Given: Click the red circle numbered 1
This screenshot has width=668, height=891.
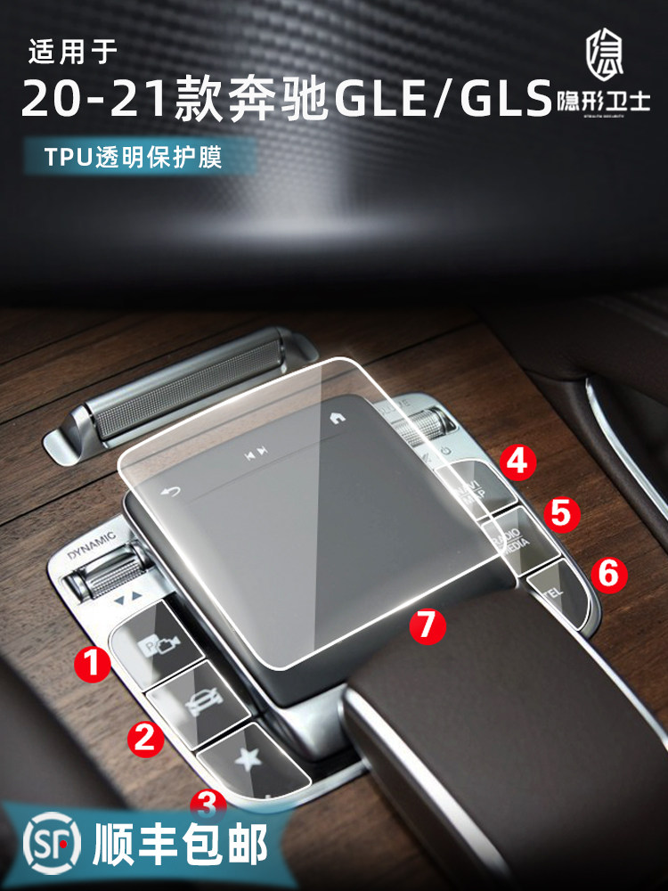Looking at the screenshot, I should pyautogui.click(x=94, y=663).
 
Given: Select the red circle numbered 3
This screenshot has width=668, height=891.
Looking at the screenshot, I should pyautogui.click(x=207, y=804).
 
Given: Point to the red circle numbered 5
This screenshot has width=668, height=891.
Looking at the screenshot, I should pyautogui.click(x=563, y=512).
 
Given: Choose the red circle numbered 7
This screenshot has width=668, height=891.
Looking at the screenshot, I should pyautogui.click(x=427, y=624).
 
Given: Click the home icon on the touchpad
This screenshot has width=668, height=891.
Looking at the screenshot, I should pyautogui.click(x=337, y=416).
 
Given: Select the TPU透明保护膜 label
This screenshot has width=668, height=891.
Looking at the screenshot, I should pyautogui.click(x=133, y=158).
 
